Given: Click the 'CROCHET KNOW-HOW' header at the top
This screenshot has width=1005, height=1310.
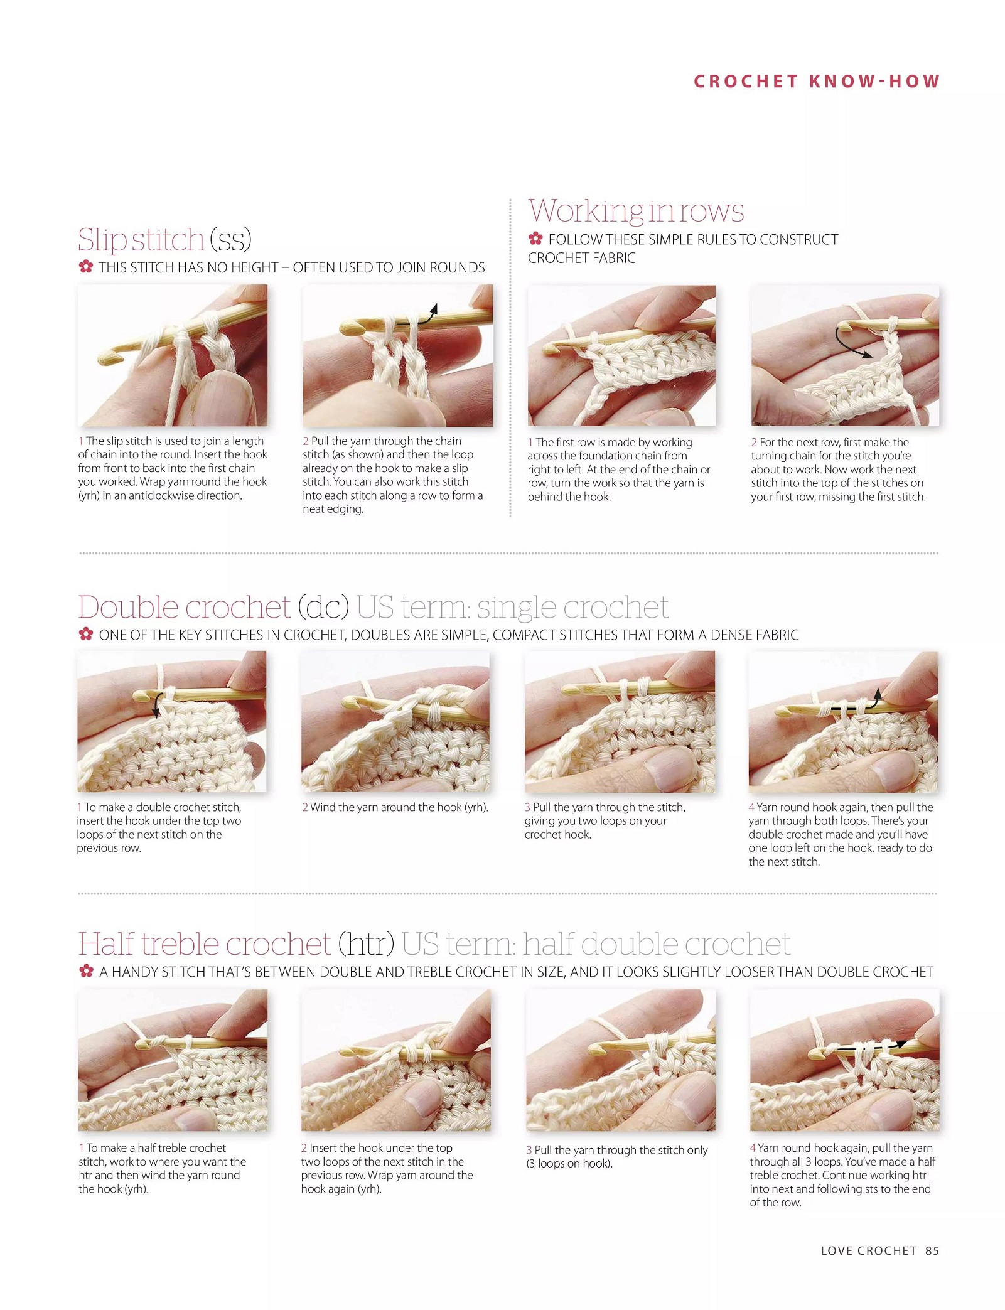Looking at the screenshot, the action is click(x=817, y=82).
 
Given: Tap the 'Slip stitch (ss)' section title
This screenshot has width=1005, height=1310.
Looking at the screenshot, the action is click(x=164, y=240).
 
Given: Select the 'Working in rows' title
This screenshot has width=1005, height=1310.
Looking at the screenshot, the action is click(x=636, y=210).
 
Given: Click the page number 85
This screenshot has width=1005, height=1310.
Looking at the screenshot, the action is click(x=932, y=1250).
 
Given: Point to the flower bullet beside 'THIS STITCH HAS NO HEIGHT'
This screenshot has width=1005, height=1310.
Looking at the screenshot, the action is click(x=86, y=267).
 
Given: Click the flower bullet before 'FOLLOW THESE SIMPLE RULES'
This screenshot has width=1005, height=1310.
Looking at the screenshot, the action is click(x=535, y=239).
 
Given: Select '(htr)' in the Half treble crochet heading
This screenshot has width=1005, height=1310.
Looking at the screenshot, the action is click(x=366, y=943).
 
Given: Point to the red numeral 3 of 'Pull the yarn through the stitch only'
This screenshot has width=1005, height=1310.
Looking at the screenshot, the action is click(x=529, y=1150).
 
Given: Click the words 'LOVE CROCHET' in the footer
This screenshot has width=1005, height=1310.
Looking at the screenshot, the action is click(x=869, y=1250).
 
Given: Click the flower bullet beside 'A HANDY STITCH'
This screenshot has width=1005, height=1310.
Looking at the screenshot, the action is click(x=87, y=971).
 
